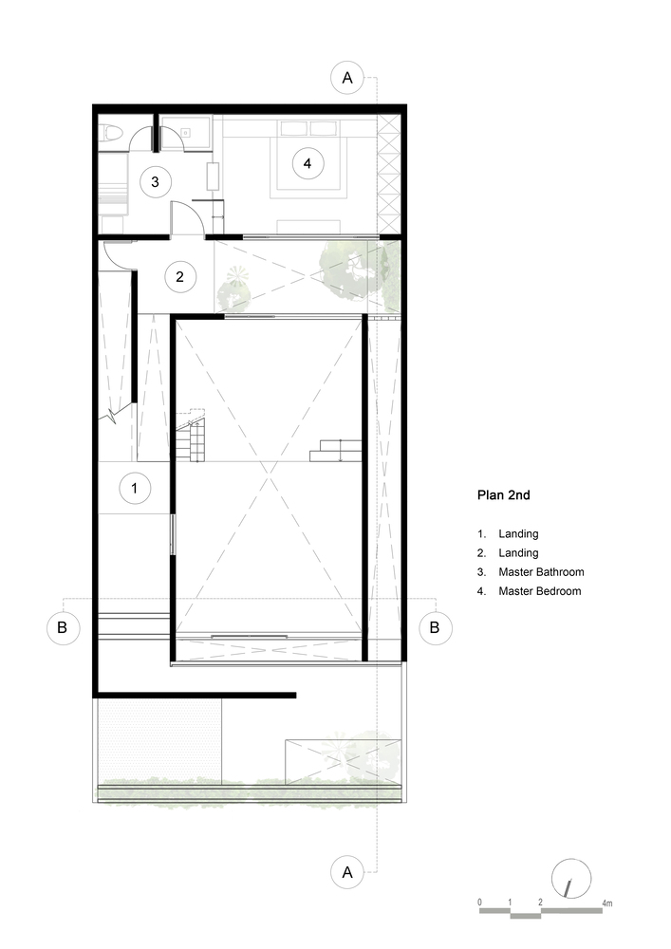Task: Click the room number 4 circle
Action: pyautogui.click(x=308, y=163)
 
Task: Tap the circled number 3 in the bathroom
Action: pyautogui.click(x=155, y=181)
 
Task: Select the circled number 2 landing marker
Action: pyautogui.click(x=179, y=276)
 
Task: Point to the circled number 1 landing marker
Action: pyautogui.click(x=135, y=489)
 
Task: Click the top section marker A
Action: pyautogui.click(x=347, y=78)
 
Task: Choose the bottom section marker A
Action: pyautogui.click(x=347, y=872)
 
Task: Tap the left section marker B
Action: pyautogui.click(x=63, y=627)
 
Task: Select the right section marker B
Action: pyautogui.click(x=435, y=627)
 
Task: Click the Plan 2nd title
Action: pyautogui.click(x=503, y=495)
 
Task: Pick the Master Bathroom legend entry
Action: pyautogui.click(x=531, y=572)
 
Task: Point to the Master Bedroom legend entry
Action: pyautogui.click(x=529, y=591)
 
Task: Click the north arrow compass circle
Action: pyautogui.click(x=571, y=878)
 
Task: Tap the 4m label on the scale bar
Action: pyautogui.click(x=606, y=903)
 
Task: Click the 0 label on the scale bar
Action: pyautogui.click(x=480, y=902)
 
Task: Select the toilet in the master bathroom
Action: pyautogui.click(x=111, y=134)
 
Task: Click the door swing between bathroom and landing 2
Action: pyautogui.click(x=184, y=217)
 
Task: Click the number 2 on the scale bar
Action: pyautogui.click(x=540, y=902)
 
